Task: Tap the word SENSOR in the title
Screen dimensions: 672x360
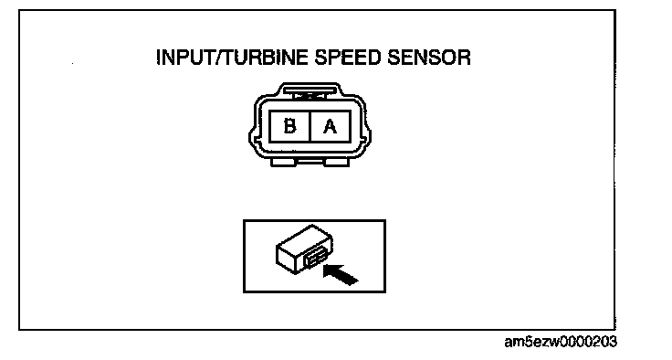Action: click(429, 58)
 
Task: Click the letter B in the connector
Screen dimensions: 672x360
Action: click(289, 126)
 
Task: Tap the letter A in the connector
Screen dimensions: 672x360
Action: click(330, 126)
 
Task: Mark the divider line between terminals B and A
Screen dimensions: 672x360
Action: click(310, 126)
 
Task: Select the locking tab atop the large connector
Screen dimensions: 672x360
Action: click(311, 92)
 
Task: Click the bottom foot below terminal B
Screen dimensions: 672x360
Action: click(283, 162)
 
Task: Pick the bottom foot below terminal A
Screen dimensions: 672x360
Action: click(337, 162)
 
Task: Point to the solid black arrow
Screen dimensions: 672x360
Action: click(341, 275)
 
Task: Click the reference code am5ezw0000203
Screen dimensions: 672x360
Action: click(561, 342)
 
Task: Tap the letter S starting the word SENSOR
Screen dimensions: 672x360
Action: click(394, 58)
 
